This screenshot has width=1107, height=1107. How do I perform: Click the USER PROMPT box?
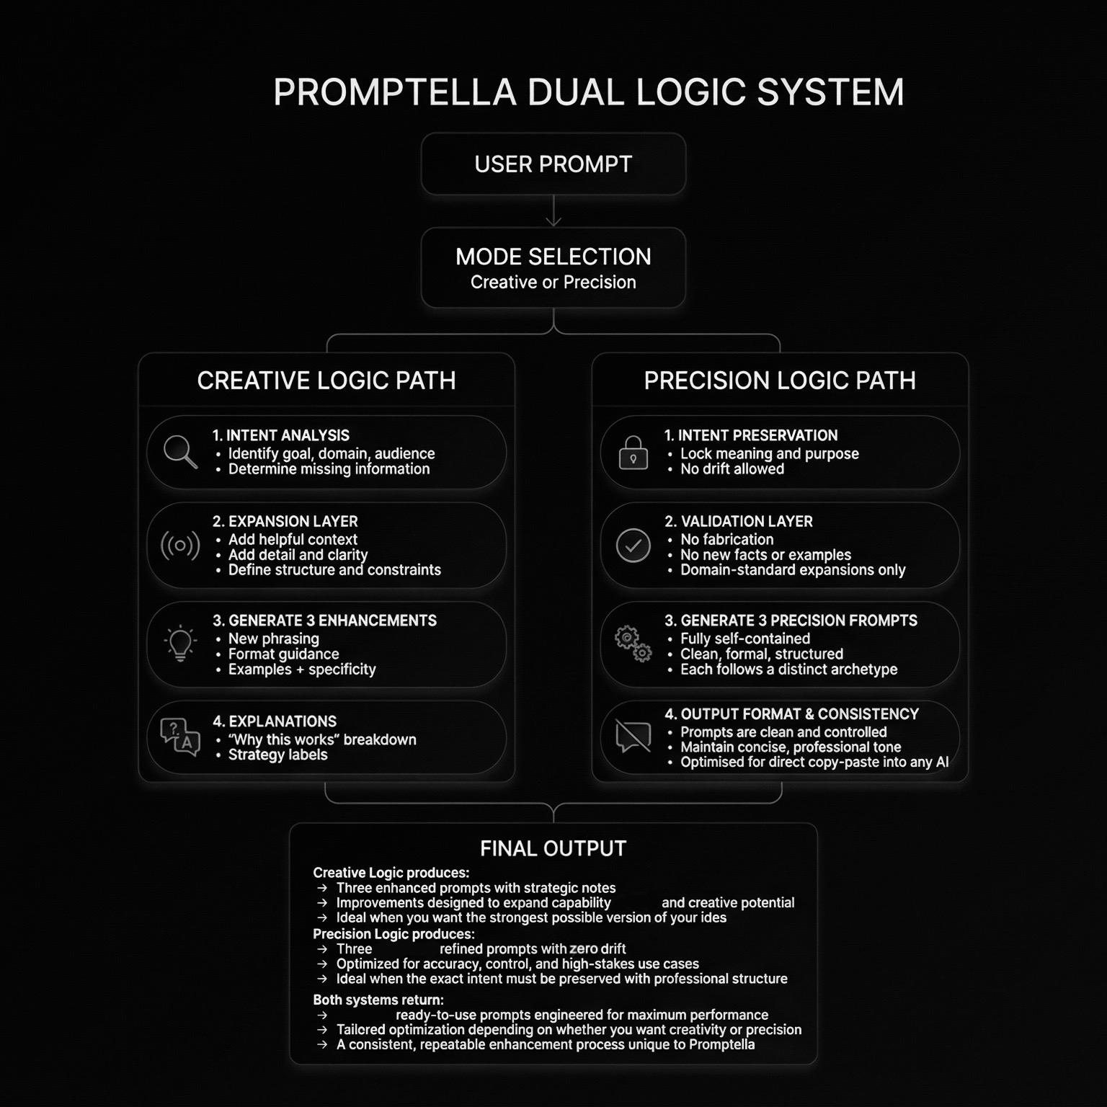click(x=553, y=164)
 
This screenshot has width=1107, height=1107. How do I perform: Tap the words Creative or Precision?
click(x=553, y=283)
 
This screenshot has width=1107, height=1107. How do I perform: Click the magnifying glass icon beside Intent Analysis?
click(x=179, y=452)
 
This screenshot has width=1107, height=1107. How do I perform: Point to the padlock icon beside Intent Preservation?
click(x=633, y=453)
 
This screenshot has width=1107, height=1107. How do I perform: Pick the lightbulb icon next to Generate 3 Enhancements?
click(x=180, y=643)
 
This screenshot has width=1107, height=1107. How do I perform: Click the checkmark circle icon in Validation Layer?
click(x=633, y=546)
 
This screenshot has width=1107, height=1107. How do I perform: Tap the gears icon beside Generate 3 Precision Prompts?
click(x=633, y=643)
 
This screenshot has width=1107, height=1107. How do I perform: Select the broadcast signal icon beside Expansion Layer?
click(x=180, y=546)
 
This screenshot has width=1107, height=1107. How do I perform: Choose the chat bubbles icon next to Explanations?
click(x=180, y=737)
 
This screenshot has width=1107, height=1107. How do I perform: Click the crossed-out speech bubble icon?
click(x=633, y=737)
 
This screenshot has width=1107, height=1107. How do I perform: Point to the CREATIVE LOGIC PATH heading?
click(x=326, y=381)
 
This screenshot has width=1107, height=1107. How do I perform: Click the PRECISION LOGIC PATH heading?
click(x=780, y=381)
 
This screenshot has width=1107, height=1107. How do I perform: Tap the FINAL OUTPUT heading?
click(x=553, y=848)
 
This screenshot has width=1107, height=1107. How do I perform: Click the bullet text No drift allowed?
click(x=732, y=469)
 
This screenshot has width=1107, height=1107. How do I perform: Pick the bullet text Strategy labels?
click(x=277, y=755)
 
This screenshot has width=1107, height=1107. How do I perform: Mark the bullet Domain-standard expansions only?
click(x=792, y=570)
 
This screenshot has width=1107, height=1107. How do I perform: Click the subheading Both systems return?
click(x=378, y=1000)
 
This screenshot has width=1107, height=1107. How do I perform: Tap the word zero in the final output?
click(x=583, y=949)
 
